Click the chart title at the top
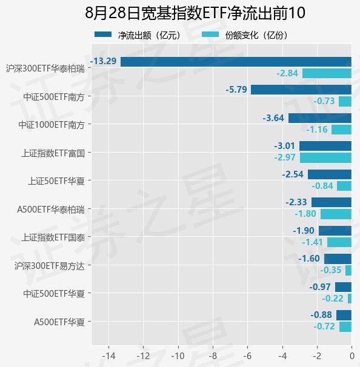(x=195, y=13)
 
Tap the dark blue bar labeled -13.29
(x=236, y=62)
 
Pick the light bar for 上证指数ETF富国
(x=325, y=157)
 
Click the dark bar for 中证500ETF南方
(x=301, y=90)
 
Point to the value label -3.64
(x=273, y=118)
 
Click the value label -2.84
(x=287, y=73)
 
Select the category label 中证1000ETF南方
(x=52, y=125)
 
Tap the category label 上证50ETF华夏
(x=56, y=181)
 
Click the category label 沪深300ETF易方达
(x=50, y=266)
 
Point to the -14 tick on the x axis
(x=108, y=356)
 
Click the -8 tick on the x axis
(x=213, y=356)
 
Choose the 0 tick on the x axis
(x=352, y=356)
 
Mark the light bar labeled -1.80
(x=336, y=214)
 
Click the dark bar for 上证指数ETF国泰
(x=335, y=231)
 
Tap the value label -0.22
(x=333, y=299)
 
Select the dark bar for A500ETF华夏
(x=344, y=315)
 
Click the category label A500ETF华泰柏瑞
(x=51, y=210)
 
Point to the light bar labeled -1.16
(x=341, y=130)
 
